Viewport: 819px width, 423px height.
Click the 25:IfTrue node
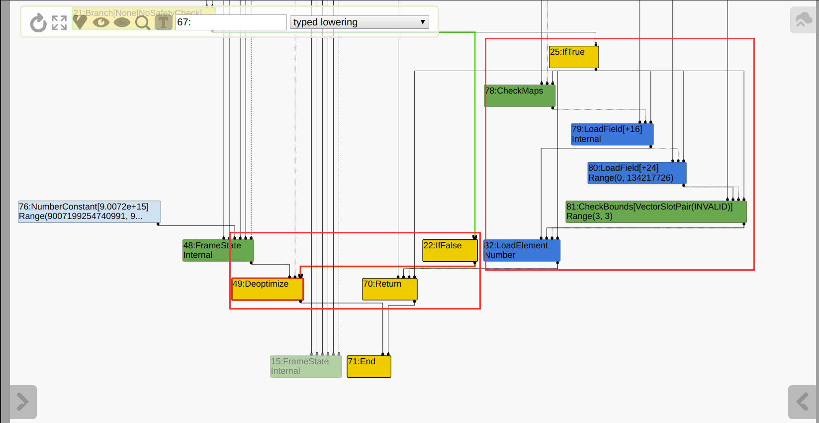(x=573, y=57)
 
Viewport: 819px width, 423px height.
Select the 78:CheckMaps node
(x=519, y=96)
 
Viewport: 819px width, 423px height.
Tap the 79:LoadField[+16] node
(x=612, y=134)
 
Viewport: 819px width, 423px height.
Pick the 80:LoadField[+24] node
(x=637, y=173)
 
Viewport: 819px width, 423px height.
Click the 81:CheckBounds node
(x=655, y=211)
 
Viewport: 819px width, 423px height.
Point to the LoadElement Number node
(x=522, y=250)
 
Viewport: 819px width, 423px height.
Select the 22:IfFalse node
(x=450, y=250)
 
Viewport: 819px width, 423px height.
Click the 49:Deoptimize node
(x=268, y=289)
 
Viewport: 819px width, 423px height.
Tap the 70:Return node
(x=389, y=289)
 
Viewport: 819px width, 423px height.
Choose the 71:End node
(x=368, y=366)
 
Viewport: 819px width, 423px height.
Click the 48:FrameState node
(x=218, y=250)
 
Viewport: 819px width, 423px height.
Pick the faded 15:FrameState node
(x=305, y=366)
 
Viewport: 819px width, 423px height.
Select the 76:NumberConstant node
(x=89, y=211)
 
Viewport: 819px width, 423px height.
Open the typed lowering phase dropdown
(x=359, y=22)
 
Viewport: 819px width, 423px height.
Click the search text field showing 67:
(x=231, y=22)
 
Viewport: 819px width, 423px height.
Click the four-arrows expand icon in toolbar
(x=59, y=22)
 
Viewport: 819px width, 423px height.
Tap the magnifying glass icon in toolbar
(x=143, y=22)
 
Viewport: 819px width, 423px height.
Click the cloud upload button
(x=803, y=20)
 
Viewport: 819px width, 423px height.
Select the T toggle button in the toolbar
(x=163, y=22)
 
